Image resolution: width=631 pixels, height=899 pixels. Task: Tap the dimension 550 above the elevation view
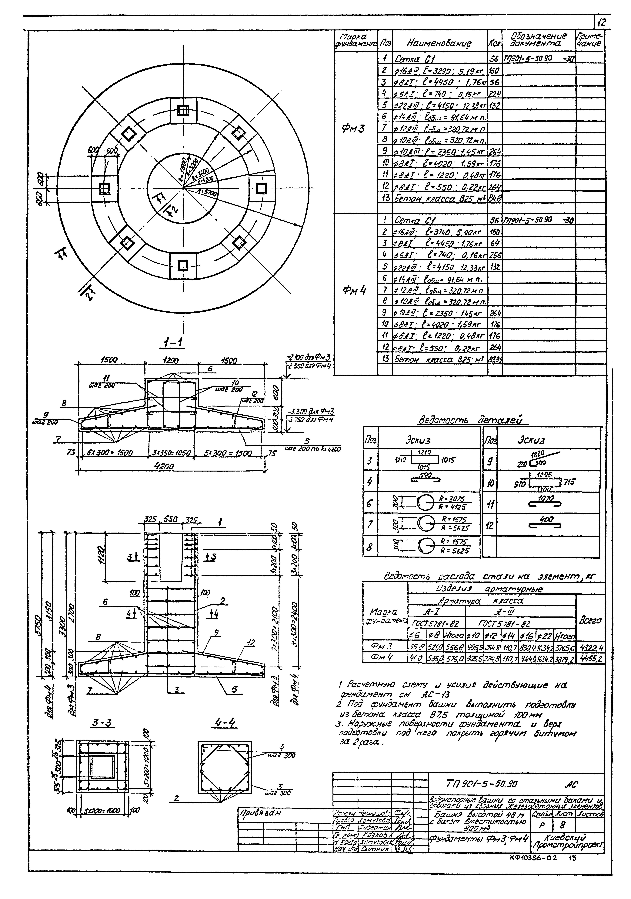coord(169,519)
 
